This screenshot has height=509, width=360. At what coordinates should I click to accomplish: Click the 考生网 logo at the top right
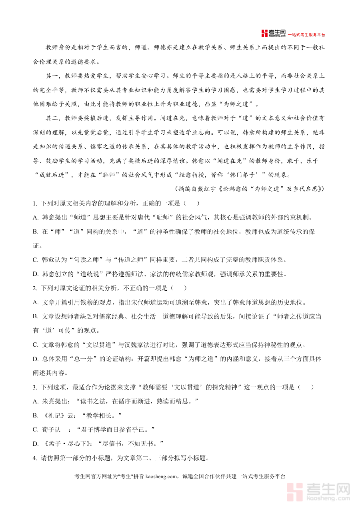[x=274, y=34]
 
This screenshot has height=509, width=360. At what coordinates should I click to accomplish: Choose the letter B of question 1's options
[x=35, y=232]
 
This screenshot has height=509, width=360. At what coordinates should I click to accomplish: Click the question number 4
[x=35, y=458]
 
